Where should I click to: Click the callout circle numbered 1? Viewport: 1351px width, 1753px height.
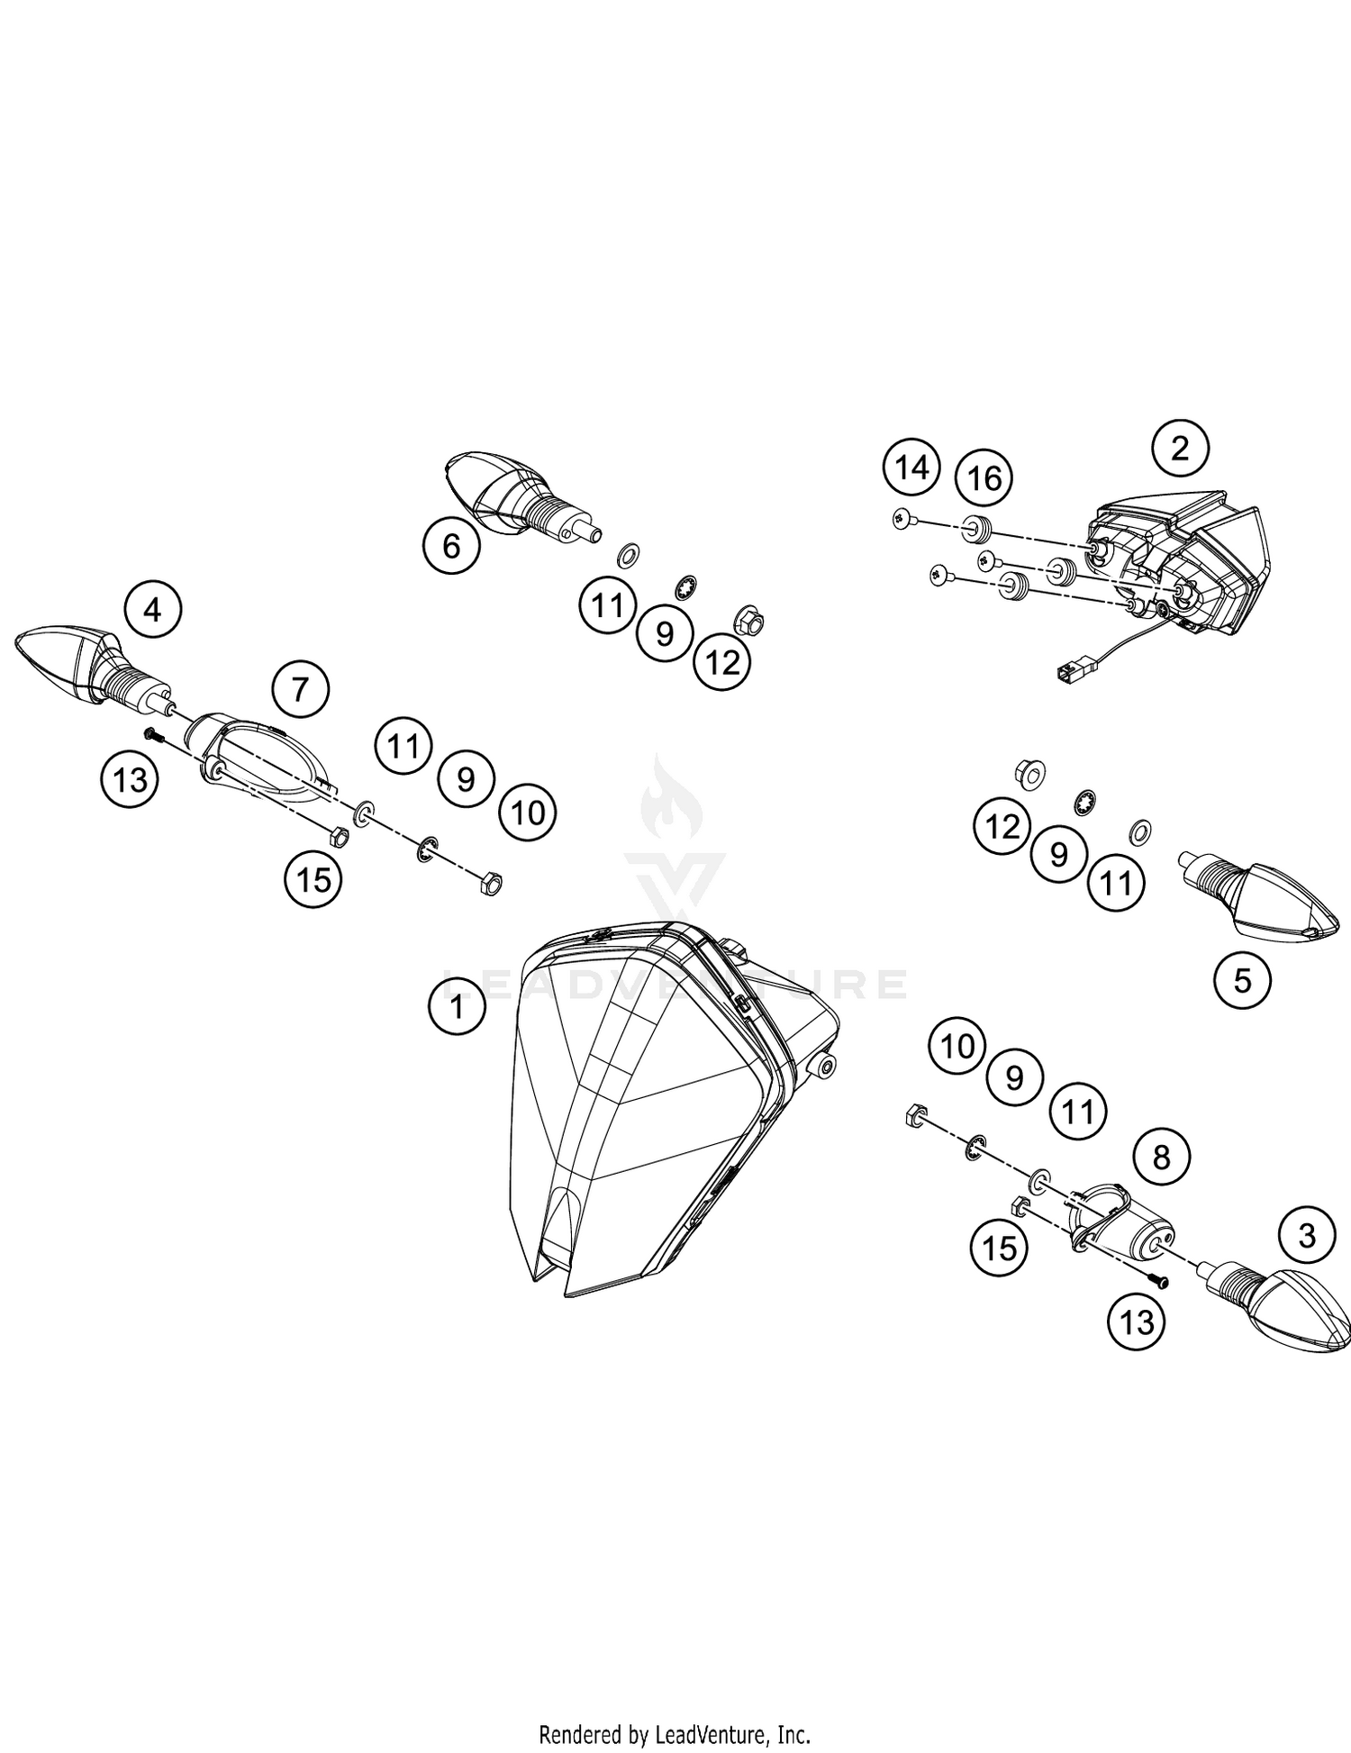coord(457,1006)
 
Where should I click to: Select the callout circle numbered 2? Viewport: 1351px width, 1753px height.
coord(1180,448)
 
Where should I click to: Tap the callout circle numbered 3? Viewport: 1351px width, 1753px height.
coord(1307,1236)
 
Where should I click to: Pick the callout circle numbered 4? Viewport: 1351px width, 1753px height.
coord(153,611)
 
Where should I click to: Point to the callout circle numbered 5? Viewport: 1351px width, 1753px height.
coord(1242,980)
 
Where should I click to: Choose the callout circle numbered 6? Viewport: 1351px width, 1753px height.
coord(452,546)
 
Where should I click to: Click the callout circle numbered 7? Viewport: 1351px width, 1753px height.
coord(301,690)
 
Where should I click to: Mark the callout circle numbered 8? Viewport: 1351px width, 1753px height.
coord(1161,1156)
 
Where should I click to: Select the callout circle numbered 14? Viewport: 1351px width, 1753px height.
coord(911,468)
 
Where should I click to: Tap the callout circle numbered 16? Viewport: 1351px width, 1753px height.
coord(984,477)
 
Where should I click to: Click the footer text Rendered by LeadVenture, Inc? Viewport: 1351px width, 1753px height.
coord(675,1733)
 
